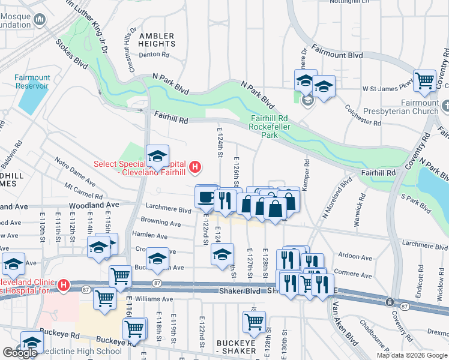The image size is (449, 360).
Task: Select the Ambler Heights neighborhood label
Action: [x=157, y=40]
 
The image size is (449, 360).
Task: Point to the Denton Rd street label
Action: [x=155, y=54]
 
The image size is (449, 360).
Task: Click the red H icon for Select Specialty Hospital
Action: [x=194, y=167]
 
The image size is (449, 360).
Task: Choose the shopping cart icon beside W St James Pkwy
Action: [x=424, y=80]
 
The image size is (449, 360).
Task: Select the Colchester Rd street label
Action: [x=363, y=115]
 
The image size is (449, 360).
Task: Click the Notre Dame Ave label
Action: [x=74, y=171]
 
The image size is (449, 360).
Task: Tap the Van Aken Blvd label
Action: [x=346, y=330]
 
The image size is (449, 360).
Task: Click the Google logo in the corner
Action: [x=20, y=353]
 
